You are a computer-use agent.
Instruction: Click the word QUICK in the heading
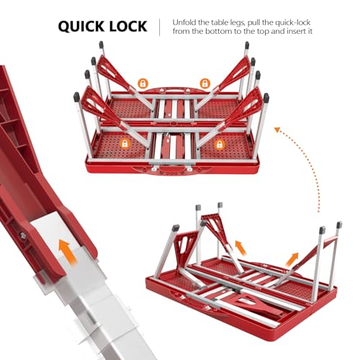pyautogui.click(x=80, y=26)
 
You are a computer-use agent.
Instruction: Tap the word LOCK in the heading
pyautogui.click(x=127, y=26)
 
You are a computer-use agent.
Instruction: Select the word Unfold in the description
pyautogui.click(x=184, y=22)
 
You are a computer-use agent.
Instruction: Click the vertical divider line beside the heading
pyautogui.click(x=160, y=27)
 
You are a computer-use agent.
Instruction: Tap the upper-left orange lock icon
pyautogui.click(x=143, y=84)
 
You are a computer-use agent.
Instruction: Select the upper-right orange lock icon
pyautogui.click(x=204, y=84)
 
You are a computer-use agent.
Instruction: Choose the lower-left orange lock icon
pyautogui.click(x=125, y=143)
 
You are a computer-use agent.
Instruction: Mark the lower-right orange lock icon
pyautogui.click(x=220, y=144)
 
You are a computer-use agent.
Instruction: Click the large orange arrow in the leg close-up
pyautogui.click(x=68, y=252)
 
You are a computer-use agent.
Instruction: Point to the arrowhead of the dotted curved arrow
pyautogui.click(x=278, y=130)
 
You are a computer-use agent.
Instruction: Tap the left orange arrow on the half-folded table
pyautogui.click(x=240, y=248)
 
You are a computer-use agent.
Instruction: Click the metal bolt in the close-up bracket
pyautogui.click(x=23, y=235)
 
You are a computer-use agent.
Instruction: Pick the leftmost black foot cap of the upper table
pyautogui.click(x=76, y=96)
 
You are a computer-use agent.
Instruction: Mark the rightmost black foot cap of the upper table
pyautogui.click(x=266, y=96)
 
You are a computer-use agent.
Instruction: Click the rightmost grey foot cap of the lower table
pyautogui.click(x=339, y=225)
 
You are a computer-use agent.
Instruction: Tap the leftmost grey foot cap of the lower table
pyautogui.click(x=176, y=228)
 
